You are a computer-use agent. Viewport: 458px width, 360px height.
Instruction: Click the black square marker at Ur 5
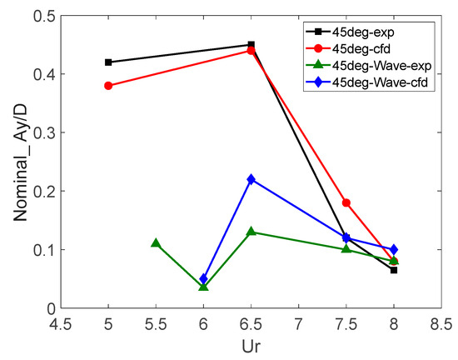pyautogui.click(x=108, y=62)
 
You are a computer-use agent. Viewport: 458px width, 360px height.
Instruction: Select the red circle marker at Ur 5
pyautogui.click(x=108, y=85)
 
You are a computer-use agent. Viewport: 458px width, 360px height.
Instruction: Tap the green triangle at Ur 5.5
pyautogui.click(x=156, y=243)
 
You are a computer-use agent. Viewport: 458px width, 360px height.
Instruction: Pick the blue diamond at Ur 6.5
pyautogui.click(x=251, y=179)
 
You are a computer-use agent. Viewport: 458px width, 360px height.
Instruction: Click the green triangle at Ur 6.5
pyautogui.click(x=251, y=232)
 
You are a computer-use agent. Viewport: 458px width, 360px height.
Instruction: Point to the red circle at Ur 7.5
pyautogui.click(x=346, y=202)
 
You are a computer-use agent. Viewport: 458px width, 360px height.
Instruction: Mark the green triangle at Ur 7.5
pyautogui.click(x=346, y=249)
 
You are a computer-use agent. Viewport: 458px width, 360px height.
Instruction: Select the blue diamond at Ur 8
pyautogui.click(x=394, y=249)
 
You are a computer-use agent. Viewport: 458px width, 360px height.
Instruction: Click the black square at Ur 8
pyautogui.click(x=394, y=270)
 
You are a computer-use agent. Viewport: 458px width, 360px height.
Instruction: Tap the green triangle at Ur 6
pyautogui.click(x=203, y=287)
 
